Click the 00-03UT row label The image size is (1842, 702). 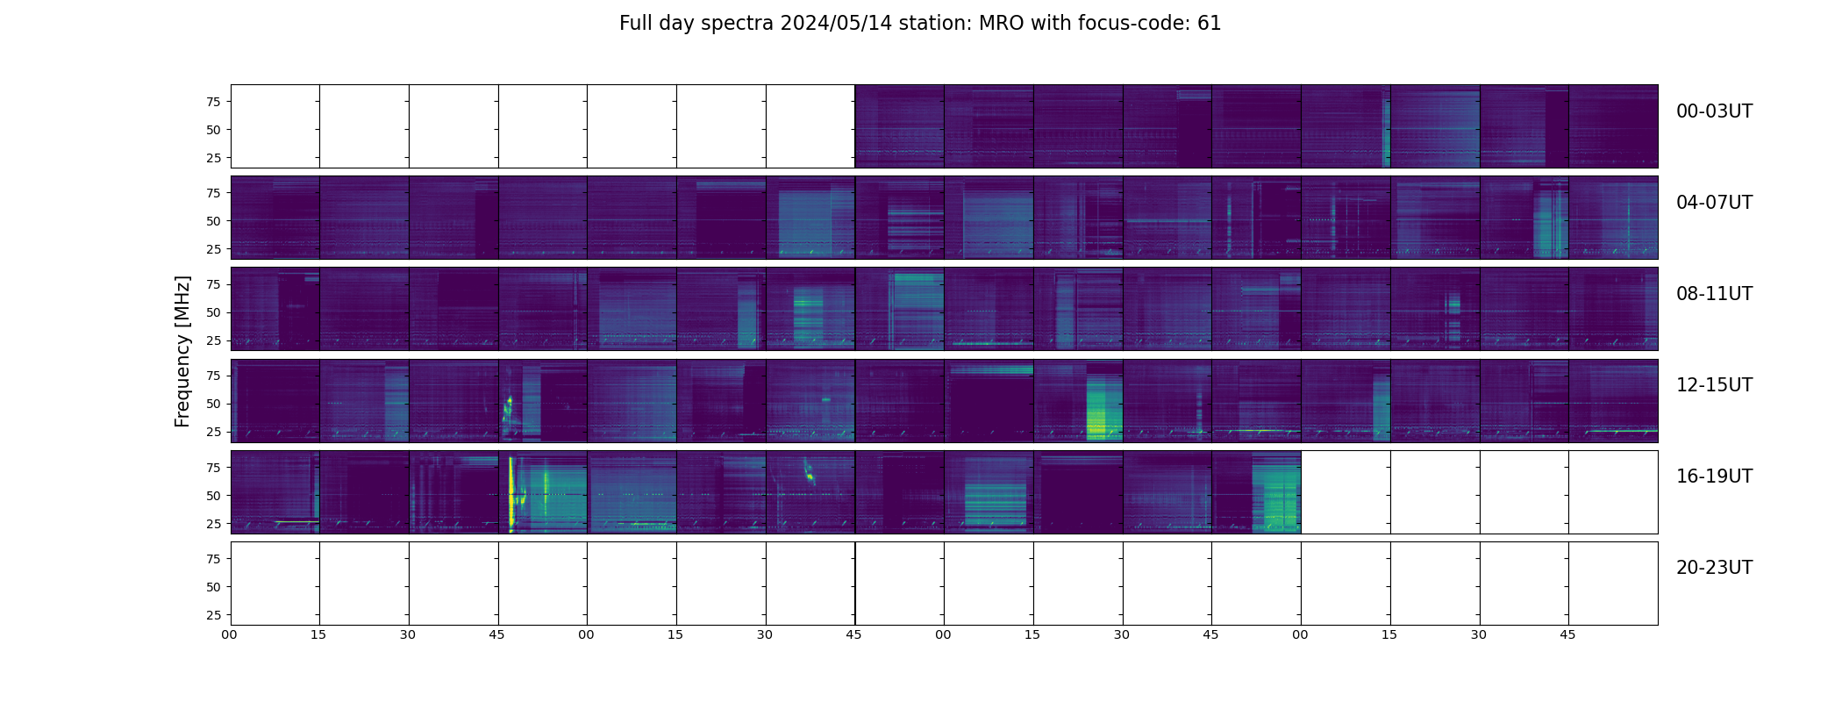click(x=1714, y=111)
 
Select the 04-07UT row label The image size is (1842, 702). click(x=1714, y=203)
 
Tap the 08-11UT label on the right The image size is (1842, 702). click(x=1714, y=294)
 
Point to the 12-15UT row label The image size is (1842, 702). click(x=1714, y=385)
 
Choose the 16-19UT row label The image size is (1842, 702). click(x=1714, y=476)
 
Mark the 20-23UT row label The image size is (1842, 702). click(x=1714, y=568)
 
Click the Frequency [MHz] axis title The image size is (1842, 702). click(x=182, y=351)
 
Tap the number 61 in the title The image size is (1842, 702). click(x=1209, y=24)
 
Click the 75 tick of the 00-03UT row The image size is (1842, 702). click(x=213, y=102)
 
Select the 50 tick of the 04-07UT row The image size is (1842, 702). click(x=213, y=221)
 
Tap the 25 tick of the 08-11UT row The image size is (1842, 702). click(x=213, y=340)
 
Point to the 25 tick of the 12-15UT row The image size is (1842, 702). click(x=213, y=432)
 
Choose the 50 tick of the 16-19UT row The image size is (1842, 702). click(x=213, y=496)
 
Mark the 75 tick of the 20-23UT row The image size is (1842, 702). click(x=213, y=559)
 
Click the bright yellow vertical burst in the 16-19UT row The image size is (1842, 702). click(x=510, y=491)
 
